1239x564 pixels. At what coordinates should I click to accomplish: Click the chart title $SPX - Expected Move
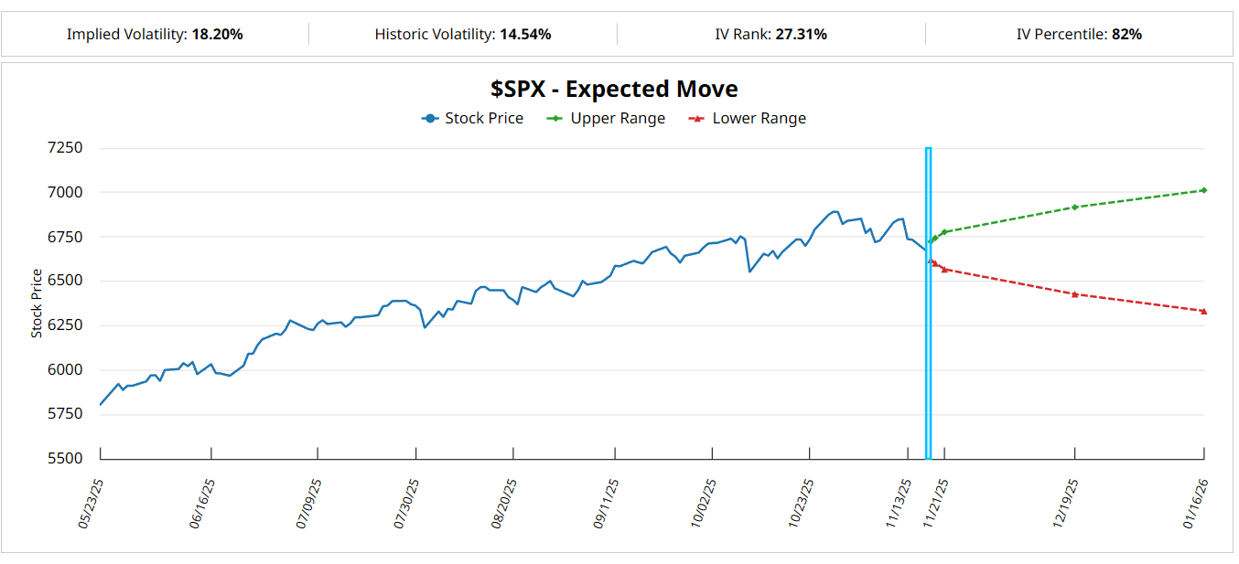(614, 89)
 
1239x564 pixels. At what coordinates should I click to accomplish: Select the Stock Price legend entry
(473, 118)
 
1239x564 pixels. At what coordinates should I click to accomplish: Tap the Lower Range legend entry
(748, 118)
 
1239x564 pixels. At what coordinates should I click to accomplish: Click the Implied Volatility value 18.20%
(217, 35)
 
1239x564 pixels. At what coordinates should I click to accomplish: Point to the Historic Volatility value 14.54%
(525, 35)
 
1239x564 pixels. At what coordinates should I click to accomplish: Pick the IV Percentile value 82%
(1126, 35)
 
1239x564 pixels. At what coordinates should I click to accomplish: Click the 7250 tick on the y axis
(65, 148)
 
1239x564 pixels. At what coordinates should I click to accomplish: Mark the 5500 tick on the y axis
(65, 459)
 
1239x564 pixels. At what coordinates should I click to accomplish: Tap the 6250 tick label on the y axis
(65, 325)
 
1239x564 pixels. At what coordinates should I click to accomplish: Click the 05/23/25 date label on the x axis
(92, 504)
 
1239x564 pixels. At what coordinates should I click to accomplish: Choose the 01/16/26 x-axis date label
(1196, 504)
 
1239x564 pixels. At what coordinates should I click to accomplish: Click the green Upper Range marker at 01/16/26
(1203, 190)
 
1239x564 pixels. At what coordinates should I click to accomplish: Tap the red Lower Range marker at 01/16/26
(1203, 311)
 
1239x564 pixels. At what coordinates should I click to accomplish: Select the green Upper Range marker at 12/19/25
(1074, 207)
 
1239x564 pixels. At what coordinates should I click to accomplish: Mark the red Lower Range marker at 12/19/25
(1074, 294)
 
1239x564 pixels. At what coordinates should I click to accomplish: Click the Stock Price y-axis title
(37, 303)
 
